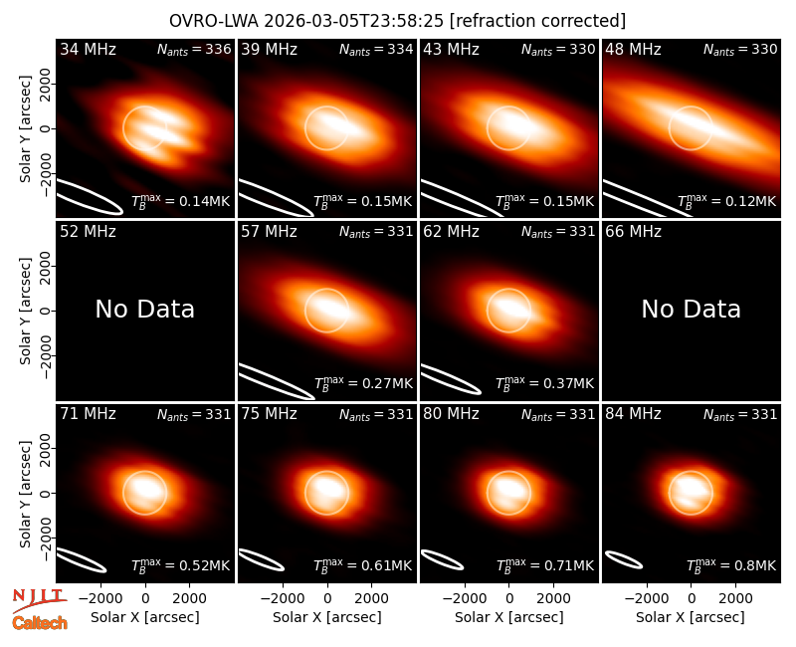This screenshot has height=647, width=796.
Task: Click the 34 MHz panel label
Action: tap(88, 49)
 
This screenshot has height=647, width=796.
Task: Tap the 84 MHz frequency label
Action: tap(633, 414)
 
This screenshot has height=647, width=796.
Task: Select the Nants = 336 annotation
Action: tap(194, 49)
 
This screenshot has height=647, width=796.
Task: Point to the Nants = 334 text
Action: tap(376, 49)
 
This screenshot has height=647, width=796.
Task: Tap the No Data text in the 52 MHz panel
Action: tap(145, 310)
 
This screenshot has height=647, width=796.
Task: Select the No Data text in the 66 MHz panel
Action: tap(691, 310)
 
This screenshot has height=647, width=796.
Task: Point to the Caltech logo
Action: tap(40, 623)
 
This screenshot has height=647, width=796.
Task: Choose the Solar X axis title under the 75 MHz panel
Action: tap(327, 617)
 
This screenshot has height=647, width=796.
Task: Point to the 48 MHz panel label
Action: tap(633, 49)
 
